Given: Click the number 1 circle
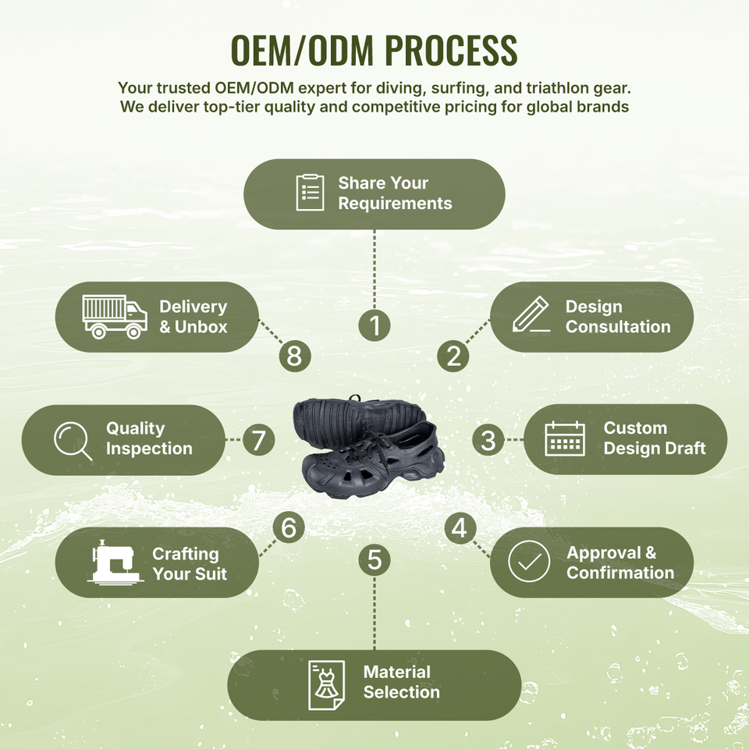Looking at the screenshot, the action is (x=374, y=325).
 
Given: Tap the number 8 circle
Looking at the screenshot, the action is (x=295, y=356).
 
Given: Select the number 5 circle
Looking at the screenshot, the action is (x=374, y=560).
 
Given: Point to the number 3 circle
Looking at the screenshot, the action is (x=488, y=440).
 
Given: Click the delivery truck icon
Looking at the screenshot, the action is (x=115, y=317).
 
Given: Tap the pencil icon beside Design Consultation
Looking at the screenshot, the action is (x=531, y=314).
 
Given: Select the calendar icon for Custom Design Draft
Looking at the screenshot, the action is (x=565, y=438).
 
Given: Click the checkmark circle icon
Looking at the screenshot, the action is (x=529, y=561).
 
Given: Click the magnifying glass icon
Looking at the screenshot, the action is (x=73, y=441).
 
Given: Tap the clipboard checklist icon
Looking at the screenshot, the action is (x=310, y=193).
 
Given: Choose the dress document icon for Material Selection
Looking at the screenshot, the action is (x=326, y=685).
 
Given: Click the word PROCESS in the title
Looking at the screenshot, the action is (x=451, y=50).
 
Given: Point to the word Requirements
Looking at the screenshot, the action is (x=395, y=204).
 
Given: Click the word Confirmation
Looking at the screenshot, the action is (x=620, y=572).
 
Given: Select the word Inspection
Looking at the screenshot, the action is (x=149, y=449).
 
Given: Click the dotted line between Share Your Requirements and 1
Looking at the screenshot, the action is (x=374, y=269).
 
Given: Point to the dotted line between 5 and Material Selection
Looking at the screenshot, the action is (x=374, y=613).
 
